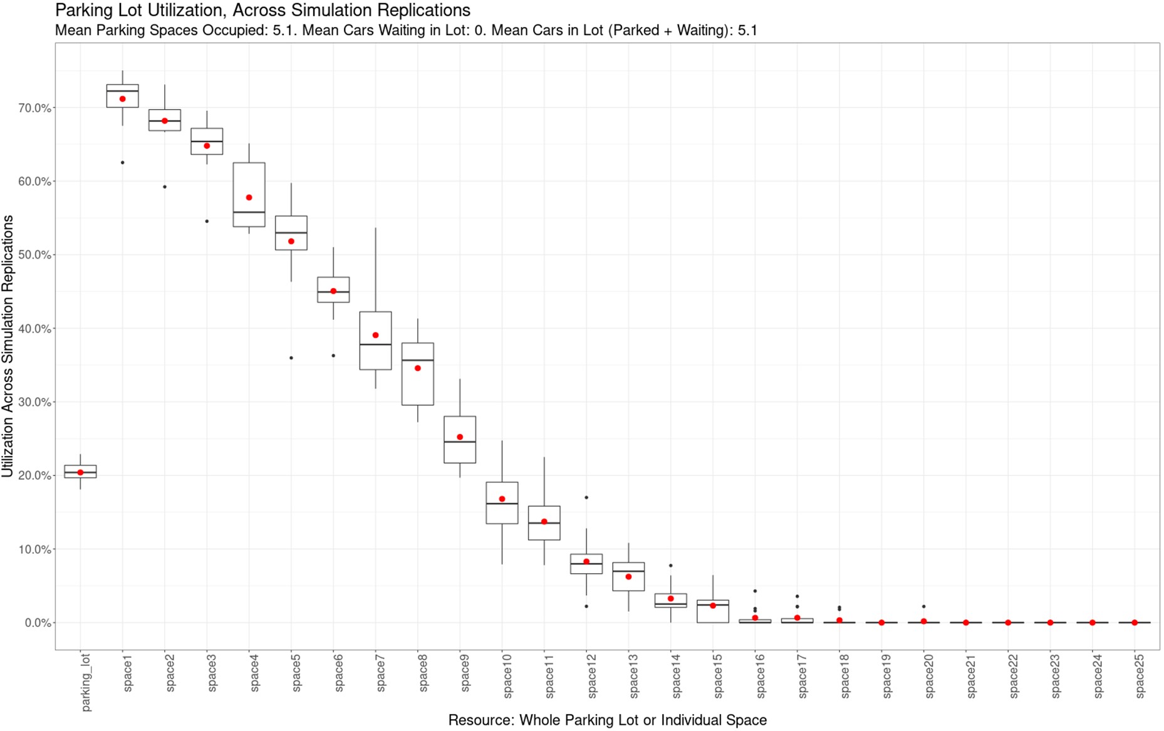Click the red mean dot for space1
123,99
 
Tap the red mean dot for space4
249,198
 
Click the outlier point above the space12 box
586,497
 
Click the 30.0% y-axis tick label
35,402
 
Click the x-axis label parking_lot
86,682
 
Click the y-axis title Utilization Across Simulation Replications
8,346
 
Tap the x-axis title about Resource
607,720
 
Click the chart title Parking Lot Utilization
262,11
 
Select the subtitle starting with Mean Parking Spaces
406,30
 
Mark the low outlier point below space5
291,358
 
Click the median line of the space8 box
418,361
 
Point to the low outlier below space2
165,187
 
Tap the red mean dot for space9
460,437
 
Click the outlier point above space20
923,606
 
